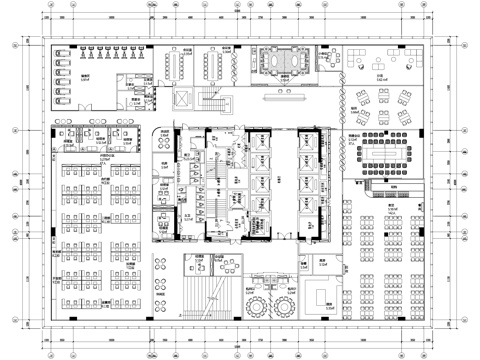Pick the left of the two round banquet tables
263,302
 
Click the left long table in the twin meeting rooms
175,66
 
